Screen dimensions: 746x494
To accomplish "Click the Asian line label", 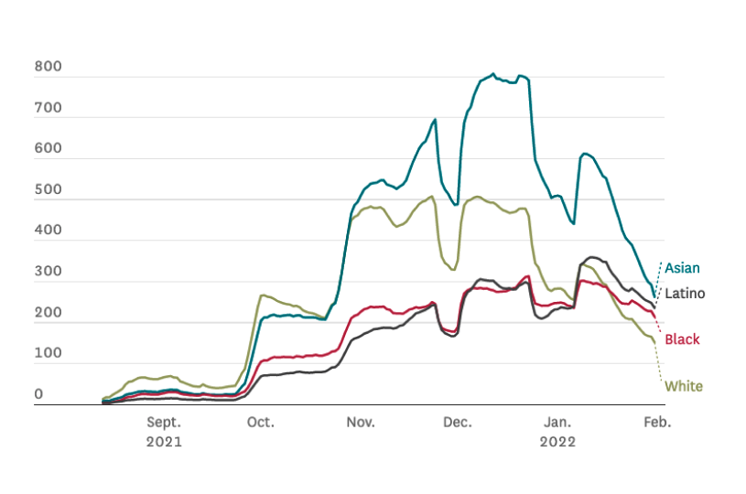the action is [x=682, y=268].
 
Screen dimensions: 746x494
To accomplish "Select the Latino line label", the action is [x=685, y=294].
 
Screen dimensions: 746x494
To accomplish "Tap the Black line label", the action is [x=682, y=339].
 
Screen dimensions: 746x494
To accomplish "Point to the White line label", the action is [x=684, y=386].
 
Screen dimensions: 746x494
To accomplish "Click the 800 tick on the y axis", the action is [x=48, y=66].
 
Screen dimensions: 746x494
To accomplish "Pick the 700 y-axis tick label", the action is [x=48, y=107].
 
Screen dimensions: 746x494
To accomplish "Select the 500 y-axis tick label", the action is [x=48, y=189].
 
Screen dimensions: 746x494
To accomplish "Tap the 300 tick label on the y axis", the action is [x=48, y=271].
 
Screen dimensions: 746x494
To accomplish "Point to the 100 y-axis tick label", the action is [x=48, y=353].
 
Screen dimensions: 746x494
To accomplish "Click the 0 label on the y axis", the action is [x=38, y=393].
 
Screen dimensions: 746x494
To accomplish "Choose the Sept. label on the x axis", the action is [x=164, y=423].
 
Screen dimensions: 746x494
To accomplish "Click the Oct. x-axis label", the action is [x=261, y=423].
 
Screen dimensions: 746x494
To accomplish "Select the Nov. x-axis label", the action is [x=361, y=423].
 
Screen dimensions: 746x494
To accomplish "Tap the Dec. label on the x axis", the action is [x=458, y=423].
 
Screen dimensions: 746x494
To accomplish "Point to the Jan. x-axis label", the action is [x=557, y=423].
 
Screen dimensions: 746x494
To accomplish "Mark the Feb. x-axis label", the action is [x=657, y=423].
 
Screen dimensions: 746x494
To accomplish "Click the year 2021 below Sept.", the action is [x=164, y=442].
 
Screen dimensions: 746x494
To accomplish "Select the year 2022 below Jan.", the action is [x=557, y=442].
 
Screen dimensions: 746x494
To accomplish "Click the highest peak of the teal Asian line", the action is [x=493, y=74].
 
